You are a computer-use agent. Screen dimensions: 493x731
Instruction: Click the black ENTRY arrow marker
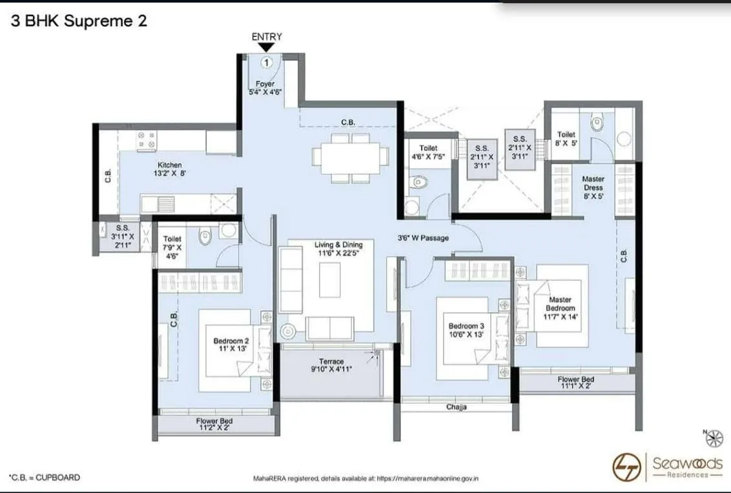[x=267, y=48]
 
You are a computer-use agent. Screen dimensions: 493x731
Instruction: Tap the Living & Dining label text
[x=338, y=249]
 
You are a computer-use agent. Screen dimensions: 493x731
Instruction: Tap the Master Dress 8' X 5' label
[x=592, y=187]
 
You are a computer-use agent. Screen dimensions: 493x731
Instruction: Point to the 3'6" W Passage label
[x=423, y=238]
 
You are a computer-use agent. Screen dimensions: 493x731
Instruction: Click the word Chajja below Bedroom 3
[x=457, y=407]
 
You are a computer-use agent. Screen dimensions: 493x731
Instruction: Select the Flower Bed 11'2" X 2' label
[x=214, y=425]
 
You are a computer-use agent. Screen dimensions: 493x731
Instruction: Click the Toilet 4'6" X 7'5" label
[x=428, y=152]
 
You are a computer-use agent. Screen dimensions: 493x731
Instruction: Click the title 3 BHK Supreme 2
[x=79, y=21]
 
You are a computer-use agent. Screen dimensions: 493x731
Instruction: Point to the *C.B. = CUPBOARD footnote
[x=45, y=477]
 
